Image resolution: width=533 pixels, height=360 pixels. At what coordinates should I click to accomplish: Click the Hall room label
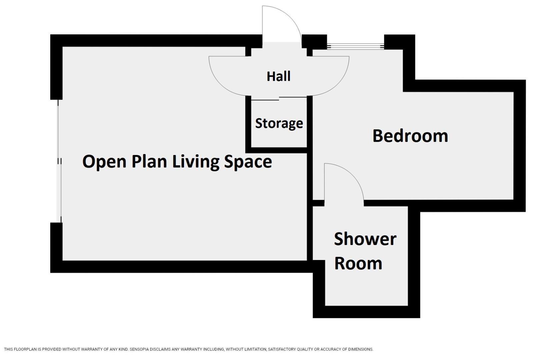click(278, 76)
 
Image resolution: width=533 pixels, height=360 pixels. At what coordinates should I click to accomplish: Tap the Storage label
click(279, 123)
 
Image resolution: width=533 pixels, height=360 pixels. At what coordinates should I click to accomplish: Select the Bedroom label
click(410, 136)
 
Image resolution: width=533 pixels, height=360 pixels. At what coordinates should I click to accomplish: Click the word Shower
click(365, 239)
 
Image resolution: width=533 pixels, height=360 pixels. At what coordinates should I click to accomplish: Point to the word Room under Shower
click(358, 263)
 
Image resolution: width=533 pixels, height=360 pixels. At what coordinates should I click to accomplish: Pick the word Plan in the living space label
click(149, 162)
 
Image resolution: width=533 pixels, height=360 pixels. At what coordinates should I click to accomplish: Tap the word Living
click(195, 162)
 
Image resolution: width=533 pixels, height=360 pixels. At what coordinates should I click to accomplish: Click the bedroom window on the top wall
click(355, 46)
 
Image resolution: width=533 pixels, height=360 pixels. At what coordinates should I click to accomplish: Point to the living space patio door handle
click(60, 161)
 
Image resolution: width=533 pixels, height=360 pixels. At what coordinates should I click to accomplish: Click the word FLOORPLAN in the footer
click(24, 349)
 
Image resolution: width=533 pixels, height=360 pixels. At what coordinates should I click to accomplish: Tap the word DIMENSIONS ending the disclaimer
click(360, 349)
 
